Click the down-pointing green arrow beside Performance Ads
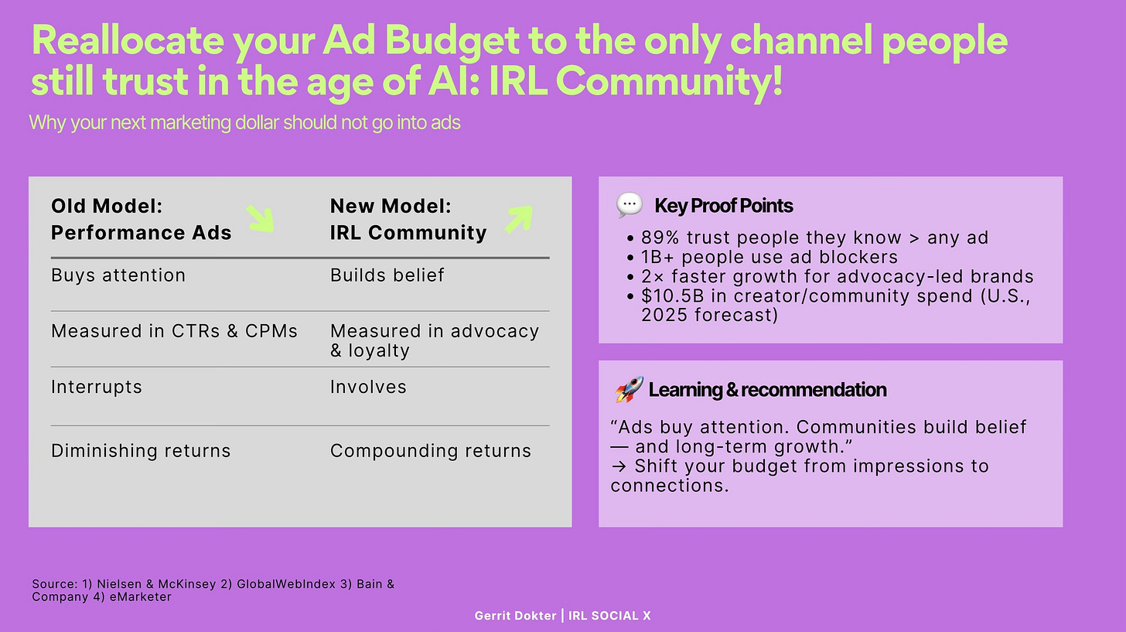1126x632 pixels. (x=261, y=218)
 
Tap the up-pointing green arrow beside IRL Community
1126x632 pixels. (x=518, y=219)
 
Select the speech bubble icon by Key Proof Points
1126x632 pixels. (x=629, y=205)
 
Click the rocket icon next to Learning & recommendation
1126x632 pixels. (x=629, y=389)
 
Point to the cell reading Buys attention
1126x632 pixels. (x=118, y=275)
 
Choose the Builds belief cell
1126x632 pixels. (x=387, y=275)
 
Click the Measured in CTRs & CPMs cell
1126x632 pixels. (x=174, y=331)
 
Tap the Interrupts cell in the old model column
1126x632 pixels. (x=96, y=387)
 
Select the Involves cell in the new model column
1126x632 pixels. (x=368, y=387)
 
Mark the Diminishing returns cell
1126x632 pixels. (x=141, y=451)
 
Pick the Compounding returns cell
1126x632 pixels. (x=430, y=451)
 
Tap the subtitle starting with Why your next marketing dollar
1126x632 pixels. (x=244, y=122)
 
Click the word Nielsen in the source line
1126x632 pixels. (x=111, y=584)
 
